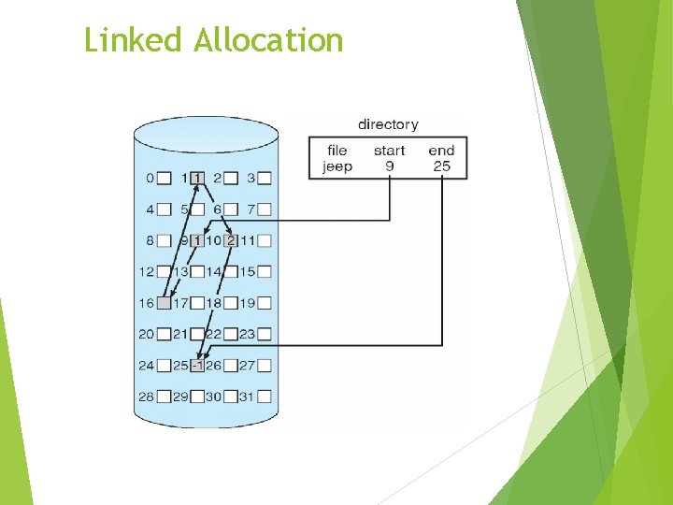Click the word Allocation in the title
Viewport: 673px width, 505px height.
click(268, 40)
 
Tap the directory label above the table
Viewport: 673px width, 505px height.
click(388, 124)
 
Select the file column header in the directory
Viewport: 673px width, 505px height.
click(337, 150)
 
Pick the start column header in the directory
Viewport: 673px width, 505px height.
click(389, 150)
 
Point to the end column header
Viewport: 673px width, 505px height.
click(441, 150)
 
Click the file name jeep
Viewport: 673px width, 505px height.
click(337, 166)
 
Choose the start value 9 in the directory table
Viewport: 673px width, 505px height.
click(389, 166)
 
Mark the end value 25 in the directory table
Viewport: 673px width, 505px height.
click(441, 166)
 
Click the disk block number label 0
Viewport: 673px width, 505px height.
click(150, 178)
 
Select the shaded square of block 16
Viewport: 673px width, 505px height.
click(165, 303)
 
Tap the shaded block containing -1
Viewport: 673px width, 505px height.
click(197, 366)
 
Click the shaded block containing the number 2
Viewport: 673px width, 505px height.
click(231, 240)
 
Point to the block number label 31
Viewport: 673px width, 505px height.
click(247, 397)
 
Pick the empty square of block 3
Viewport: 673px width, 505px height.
click(265, 178)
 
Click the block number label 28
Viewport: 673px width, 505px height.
click(146, 397)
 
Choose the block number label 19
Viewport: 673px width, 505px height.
click(247, 303)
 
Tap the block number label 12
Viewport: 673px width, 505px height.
click(146, 271)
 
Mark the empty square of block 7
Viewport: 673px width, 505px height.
click(265, 209)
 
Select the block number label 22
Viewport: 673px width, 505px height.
click(213, 334)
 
